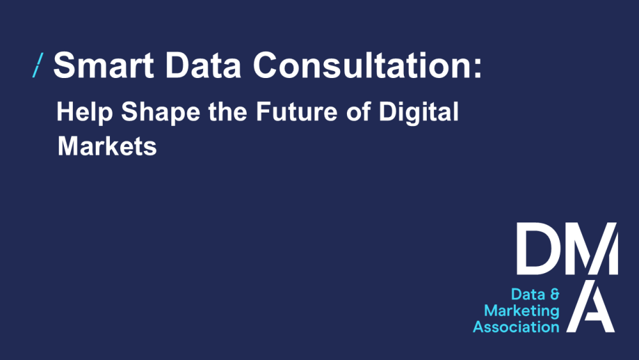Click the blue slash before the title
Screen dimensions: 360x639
(x=38, y=65)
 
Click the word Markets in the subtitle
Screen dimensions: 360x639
(x=107, y=146)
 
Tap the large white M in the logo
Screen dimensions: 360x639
(x=588, y=248)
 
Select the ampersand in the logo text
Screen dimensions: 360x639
(x=554, y=295)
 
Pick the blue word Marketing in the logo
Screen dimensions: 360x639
(x=521, y=311)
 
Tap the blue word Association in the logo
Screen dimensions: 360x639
(x=516, y=327)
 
